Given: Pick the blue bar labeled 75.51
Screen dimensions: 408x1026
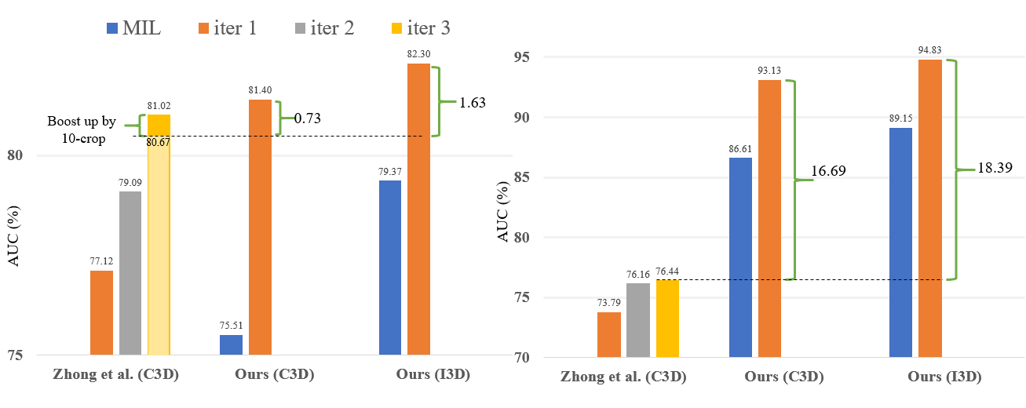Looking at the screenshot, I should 231,345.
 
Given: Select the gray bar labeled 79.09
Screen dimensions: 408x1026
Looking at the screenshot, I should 130,273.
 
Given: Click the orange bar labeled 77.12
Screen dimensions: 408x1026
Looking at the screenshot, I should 101,313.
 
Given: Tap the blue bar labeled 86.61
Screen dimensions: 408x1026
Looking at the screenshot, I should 740,257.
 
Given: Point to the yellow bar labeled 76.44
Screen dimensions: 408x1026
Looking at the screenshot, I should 667,319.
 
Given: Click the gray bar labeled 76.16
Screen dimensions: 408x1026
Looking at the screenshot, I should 638,320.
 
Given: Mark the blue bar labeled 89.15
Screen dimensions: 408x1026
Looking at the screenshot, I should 900,242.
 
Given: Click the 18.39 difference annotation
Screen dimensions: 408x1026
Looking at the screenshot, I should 993,169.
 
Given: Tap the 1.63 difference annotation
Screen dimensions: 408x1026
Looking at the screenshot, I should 473,102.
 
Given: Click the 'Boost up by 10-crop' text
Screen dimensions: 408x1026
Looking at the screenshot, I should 82,129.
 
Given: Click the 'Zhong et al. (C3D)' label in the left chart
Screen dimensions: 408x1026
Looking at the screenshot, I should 116,374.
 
